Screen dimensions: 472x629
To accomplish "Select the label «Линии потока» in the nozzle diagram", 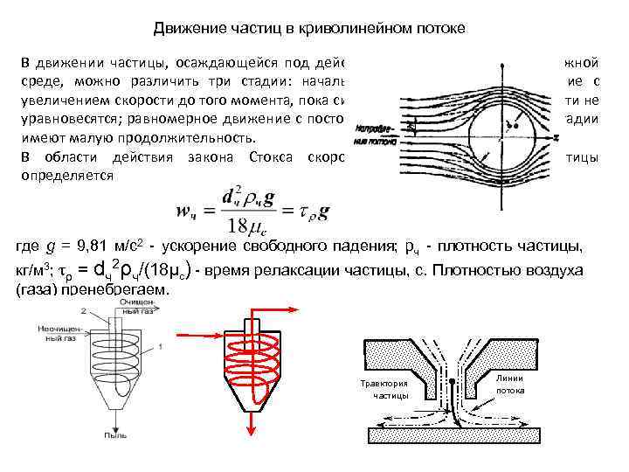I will tap(509, 384).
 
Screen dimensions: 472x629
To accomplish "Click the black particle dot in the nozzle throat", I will tap(452, 382).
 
